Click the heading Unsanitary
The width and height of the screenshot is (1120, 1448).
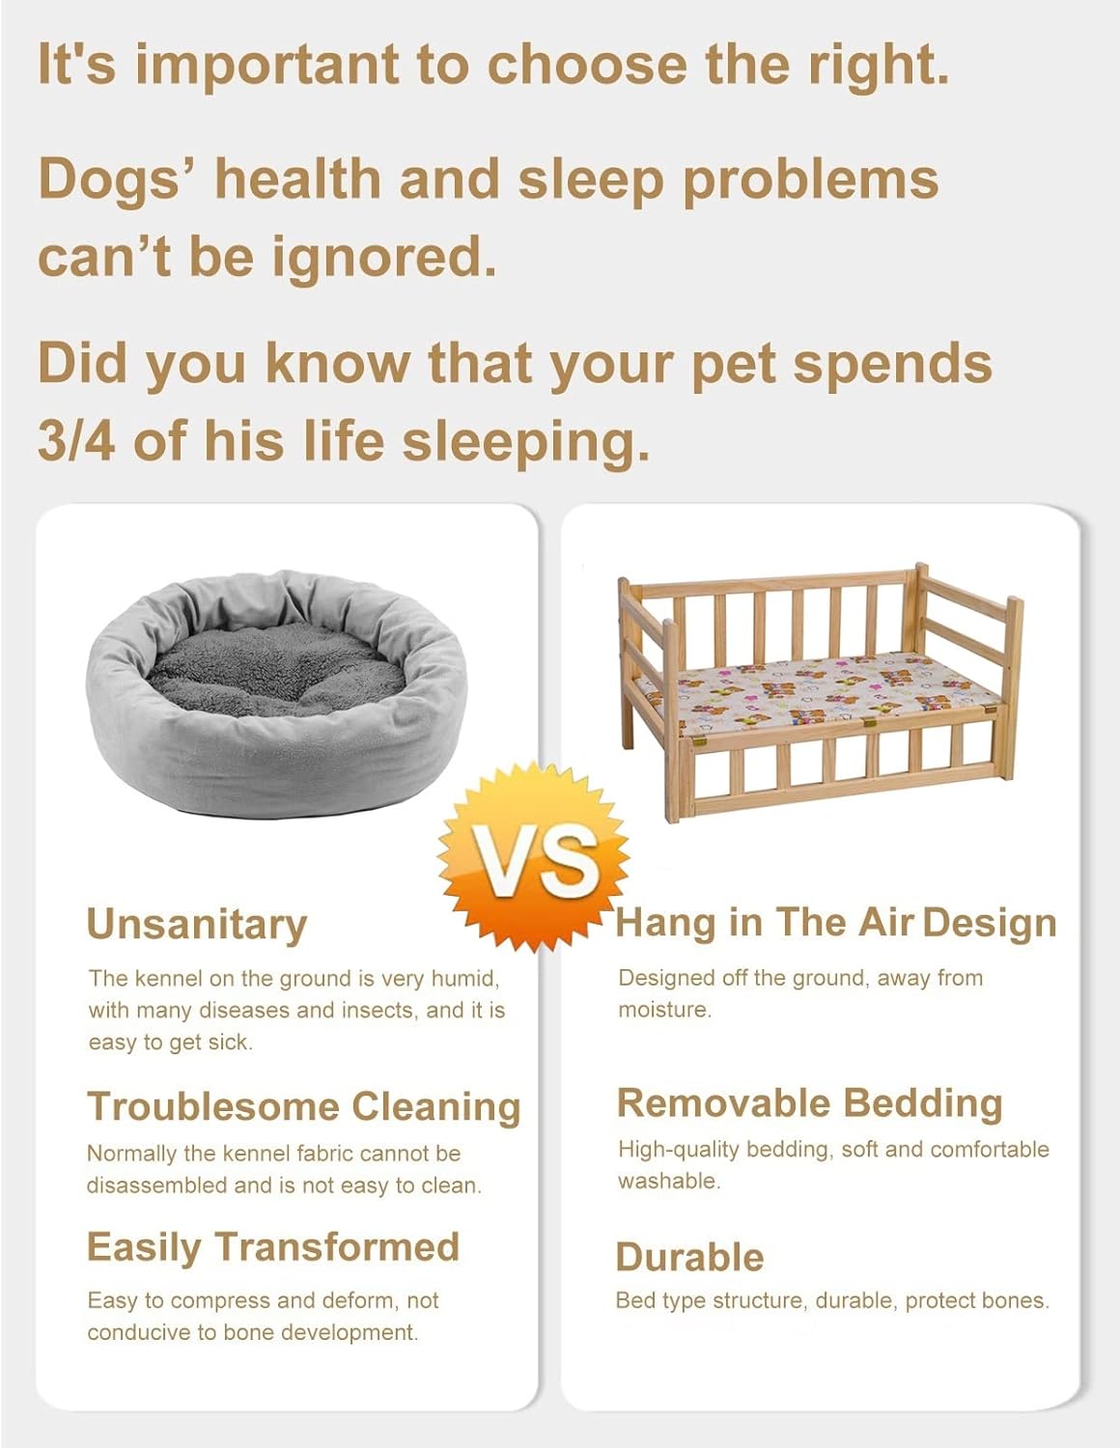tap(197, 924)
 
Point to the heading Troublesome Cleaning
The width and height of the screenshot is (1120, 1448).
tap(303, 1106)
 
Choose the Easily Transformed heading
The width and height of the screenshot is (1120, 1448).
tap(272, 1246)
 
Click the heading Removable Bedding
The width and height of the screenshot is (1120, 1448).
tap(809, 1102)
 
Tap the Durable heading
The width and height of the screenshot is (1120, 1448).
tap(689, 1257)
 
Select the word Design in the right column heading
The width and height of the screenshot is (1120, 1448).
tap(989, 923)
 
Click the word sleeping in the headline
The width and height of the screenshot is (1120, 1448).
tap(524, 443)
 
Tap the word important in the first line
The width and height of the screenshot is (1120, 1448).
tap(265, 65)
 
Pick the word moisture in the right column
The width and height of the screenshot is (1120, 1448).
tap(664, 1010)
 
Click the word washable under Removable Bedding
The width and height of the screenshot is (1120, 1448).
tap(669, 1181)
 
